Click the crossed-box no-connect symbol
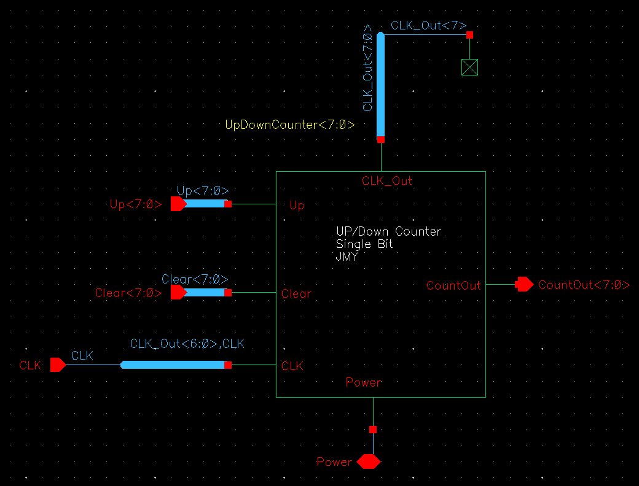tap(469, 67)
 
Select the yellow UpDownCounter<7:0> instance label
tap(290, 125)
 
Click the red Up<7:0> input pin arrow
tap(178, 204)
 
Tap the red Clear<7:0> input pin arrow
tap(178, 292)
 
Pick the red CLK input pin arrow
tap(58, 365)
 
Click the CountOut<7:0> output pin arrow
tap(524, 284)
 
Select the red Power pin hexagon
tap(368, 461)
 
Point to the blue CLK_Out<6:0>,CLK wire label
tap(187, 344)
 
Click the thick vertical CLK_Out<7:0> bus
tap(380, 86)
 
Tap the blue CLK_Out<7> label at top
tap(428, 25)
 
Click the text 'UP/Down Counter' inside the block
tap(388, 232)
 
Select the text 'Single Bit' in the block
tap(364, 244)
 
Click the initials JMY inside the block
tap(347, 256)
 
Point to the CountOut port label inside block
tap(453, 285)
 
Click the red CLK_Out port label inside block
tap(387, 181)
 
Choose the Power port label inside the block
tap(363, 382)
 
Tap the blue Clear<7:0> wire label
tap(195, 279)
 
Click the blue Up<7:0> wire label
tap(202, 191)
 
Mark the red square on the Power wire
tap(373, 430)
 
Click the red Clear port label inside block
tap(296, 294)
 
